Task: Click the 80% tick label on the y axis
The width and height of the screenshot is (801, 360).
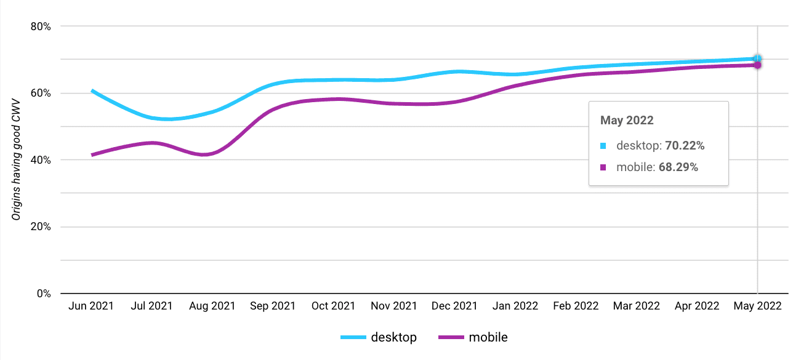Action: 41,26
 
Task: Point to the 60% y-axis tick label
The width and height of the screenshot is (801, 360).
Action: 41,93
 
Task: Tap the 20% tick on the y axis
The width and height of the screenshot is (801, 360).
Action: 41,226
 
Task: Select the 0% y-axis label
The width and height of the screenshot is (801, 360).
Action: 43,294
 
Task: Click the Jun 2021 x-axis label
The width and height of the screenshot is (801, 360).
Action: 91,306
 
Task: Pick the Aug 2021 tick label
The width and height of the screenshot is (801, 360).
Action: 212,306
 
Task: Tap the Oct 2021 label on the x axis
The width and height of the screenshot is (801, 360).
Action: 333,306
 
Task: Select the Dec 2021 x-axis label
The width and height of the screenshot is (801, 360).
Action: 454,306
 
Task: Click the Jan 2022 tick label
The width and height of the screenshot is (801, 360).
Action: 515,306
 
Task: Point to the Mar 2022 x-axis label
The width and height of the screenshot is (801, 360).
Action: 636,306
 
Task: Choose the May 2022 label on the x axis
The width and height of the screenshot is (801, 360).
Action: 757,306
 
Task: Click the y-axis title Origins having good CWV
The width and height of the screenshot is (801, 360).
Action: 17,159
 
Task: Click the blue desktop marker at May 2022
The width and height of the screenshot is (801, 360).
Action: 757,58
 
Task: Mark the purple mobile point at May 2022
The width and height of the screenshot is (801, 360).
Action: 757,65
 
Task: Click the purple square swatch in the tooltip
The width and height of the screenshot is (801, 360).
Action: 604,167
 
